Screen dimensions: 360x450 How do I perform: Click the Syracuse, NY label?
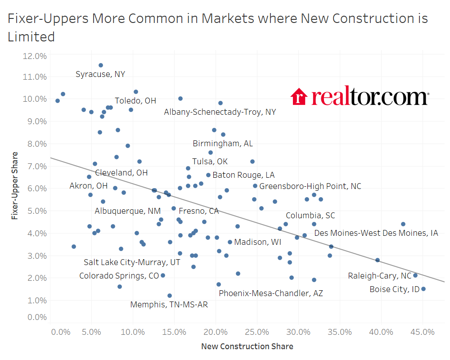pos(100,74)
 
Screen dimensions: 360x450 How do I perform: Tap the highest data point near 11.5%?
pos(101,65)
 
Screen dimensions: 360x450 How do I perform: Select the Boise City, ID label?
pos(394,289)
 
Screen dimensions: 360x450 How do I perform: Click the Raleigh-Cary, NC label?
pos(380,276)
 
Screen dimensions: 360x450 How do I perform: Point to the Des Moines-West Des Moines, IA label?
pos(376,233)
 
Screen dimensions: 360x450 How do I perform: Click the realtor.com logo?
pos(360,97)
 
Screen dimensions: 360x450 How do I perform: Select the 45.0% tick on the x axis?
pos(423,332)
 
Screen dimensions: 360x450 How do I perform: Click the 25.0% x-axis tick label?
pos(257,332)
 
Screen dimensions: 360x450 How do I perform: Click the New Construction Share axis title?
pos(247,346)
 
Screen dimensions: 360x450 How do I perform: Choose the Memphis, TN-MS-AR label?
pos(169,305)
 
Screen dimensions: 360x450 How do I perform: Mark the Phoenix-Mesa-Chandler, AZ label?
pos(270,293)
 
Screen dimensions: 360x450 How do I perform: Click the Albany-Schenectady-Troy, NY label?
pos(220,112)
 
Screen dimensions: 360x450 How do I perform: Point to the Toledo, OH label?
pos(135,101)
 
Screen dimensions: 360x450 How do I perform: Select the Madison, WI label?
pos(257,242)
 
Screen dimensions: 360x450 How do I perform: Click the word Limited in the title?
pos(31,37)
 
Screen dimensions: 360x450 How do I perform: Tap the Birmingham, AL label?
pos(223,144)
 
